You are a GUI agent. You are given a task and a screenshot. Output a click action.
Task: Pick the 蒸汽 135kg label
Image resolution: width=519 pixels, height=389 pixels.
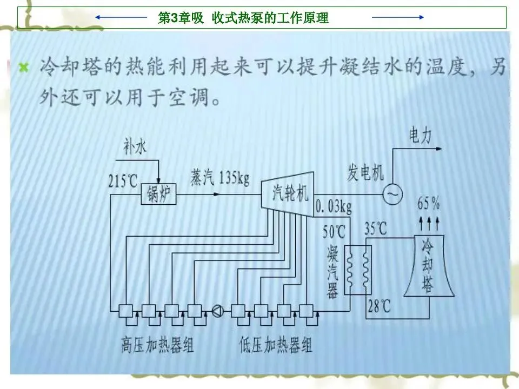click(x=219, y=177)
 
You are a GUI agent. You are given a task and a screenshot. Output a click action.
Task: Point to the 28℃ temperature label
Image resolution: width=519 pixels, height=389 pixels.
click(x=379, y=307)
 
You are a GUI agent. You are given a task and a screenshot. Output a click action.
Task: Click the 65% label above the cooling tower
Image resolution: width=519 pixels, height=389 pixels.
click(x=428, y=205)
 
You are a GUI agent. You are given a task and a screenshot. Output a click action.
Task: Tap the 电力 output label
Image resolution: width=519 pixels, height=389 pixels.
click(x=420, y=136)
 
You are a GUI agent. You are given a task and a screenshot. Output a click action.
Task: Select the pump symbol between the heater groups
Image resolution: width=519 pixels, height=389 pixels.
click(x=218, y=311)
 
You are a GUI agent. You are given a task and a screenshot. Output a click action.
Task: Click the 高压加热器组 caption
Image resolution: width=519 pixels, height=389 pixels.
click(x=157, y=345)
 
